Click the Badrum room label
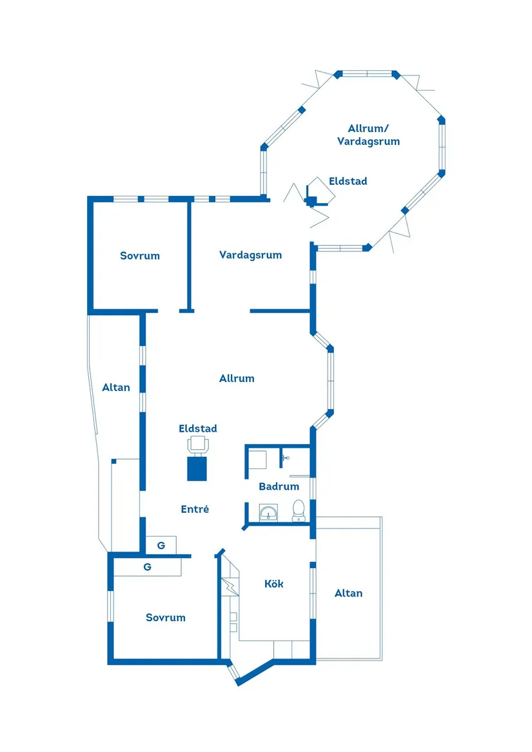click(x=279, y=487)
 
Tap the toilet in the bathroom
click(x=299, y=510)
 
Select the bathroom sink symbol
click(x=268, y=513)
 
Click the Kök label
click(x=273, y=584)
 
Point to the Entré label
click(x=195, y=509)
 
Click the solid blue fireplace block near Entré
click(x=197, y=468)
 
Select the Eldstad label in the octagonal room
click(x=348, y=181)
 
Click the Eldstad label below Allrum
click(x=197, y=429)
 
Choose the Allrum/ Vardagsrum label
click(x=368, y=135)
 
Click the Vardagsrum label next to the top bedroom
click(x=250, y=255)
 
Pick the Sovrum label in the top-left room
click(x=140, y=256)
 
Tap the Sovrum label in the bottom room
click(x=166, y=617)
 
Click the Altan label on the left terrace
click(x=115, y=387)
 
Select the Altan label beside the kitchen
click(x=348, y=593)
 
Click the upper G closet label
click(x=161, y=545)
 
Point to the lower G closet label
click(x=148, y=567)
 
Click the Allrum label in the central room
click(x=237, y=378)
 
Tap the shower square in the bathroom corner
click(x=257, y=459)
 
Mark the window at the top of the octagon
click(x=367, y=74)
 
